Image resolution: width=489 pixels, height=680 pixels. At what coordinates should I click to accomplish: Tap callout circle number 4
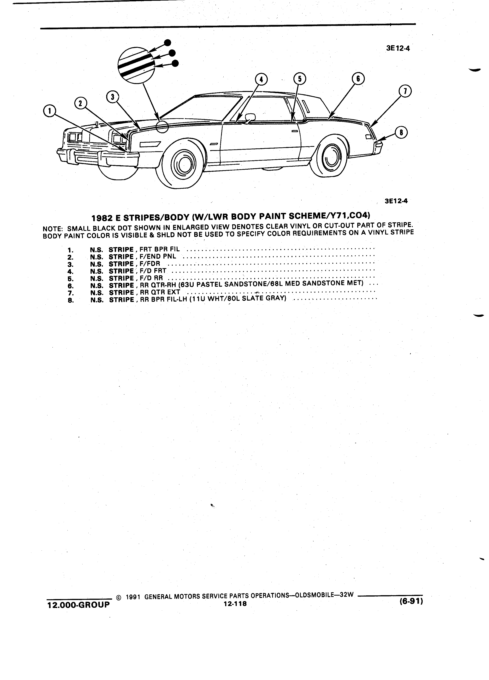pyautogui.click(x=261, y=79)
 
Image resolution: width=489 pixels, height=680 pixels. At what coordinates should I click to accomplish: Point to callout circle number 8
pyautogui.click(x=401, y=133)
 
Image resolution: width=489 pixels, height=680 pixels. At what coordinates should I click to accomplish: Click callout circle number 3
pyautogui.click(x=113, y=97)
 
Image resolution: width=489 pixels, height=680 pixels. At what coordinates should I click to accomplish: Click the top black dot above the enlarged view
pyautogui.click(x=168, y=42)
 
